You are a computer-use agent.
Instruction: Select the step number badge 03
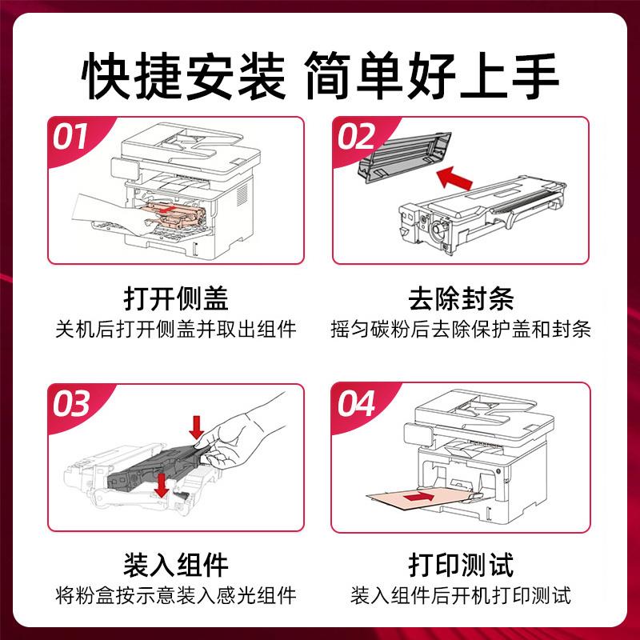71,405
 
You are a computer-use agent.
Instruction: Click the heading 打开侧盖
176,298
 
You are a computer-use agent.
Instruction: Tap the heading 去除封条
461,298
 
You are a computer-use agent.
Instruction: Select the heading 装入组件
176,565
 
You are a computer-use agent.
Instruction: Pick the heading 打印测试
461,565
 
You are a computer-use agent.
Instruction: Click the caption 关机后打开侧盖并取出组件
176,329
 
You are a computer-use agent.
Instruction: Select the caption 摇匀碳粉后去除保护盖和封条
461,329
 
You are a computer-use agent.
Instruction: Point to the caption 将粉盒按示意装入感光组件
176,595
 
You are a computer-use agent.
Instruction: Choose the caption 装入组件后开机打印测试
461,595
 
